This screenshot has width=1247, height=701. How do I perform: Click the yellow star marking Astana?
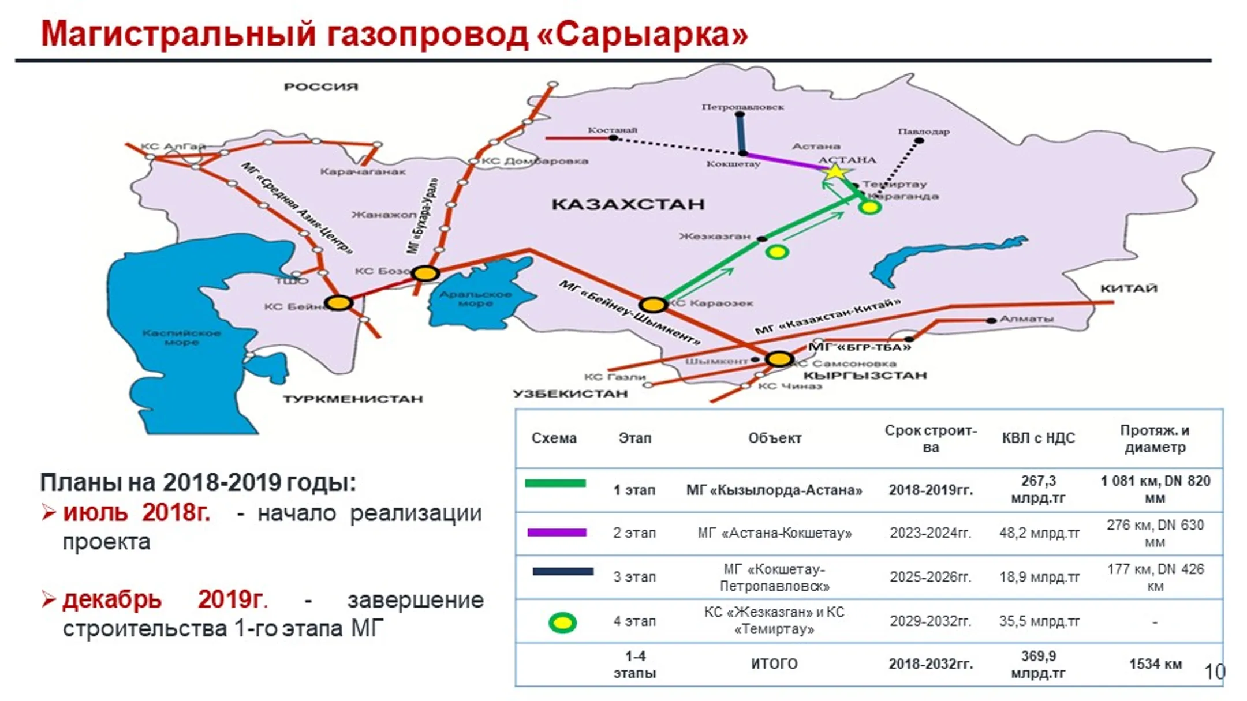coord(835,172)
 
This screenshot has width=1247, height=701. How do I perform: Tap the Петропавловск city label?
coord(742,107)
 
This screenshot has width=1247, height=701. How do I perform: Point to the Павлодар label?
coord(923,132)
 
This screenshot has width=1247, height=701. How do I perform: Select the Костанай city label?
coord(612,130)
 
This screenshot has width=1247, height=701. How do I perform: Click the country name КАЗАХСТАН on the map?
coord(628,204)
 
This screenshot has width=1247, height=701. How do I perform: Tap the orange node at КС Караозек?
coord(653,304)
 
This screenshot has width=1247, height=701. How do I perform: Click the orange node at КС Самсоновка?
coord(779,359)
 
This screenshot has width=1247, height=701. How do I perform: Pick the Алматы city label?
coord(1026,318)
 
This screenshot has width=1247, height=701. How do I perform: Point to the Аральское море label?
coord(475,298)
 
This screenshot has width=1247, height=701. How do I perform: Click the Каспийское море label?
coord(181,338)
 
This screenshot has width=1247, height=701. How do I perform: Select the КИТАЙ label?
coord(1129,288)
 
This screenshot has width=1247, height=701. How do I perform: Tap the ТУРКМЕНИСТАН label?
coord(353,399)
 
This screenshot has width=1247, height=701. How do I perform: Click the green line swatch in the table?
coord(555,483)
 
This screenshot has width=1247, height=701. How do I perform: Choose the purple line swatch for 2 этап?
coord(557,533)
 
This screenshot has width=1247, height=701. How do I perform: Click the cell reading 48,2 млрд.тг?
coord(1039,533)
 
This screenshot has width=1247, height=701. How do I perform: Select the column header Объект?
coord(774,438)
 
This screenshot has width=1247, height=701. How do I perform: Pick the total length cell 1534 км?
coord(1155,664)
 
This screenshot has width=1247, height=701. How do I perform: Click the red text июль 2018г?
coord(137,512)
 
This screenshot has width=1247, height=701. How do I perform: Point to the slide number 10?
coord(1214,672)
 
